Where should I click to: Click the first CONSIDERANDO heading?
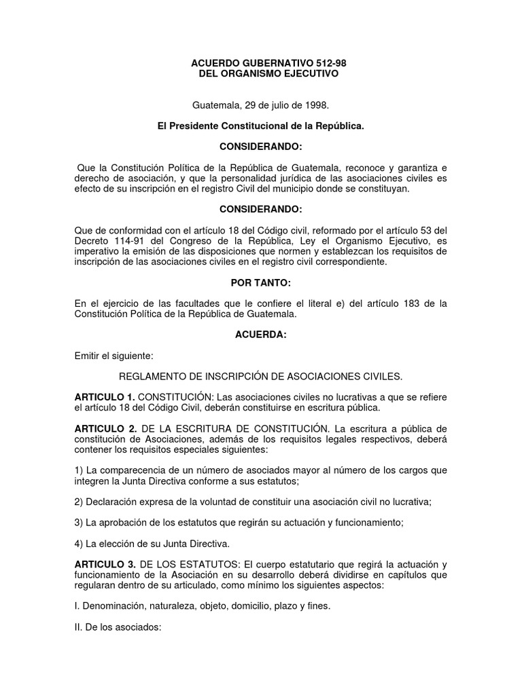[260, 147]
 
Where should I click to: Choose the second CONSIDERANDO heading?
[260, 210]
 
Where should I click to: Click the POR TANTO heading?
[260, 282]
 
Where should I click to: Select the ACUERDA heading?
[260, 335]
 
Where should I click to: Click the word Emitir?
[89, 355]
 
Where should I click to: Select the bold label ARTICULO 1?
[104, 397]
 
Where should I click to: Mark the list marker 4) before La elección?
[79, 544]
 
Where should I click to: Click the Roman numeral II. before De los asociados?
[78, 628]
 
